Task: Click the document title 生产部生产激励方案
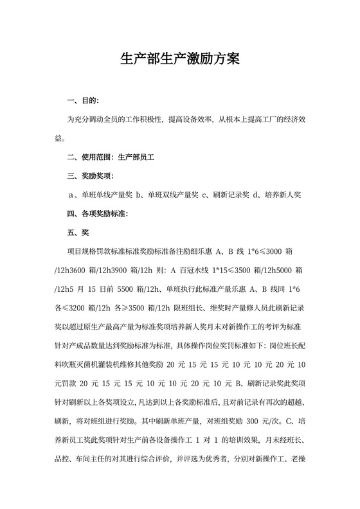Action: point(180,60)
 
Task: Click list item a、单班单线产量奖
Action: point(100,194)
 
